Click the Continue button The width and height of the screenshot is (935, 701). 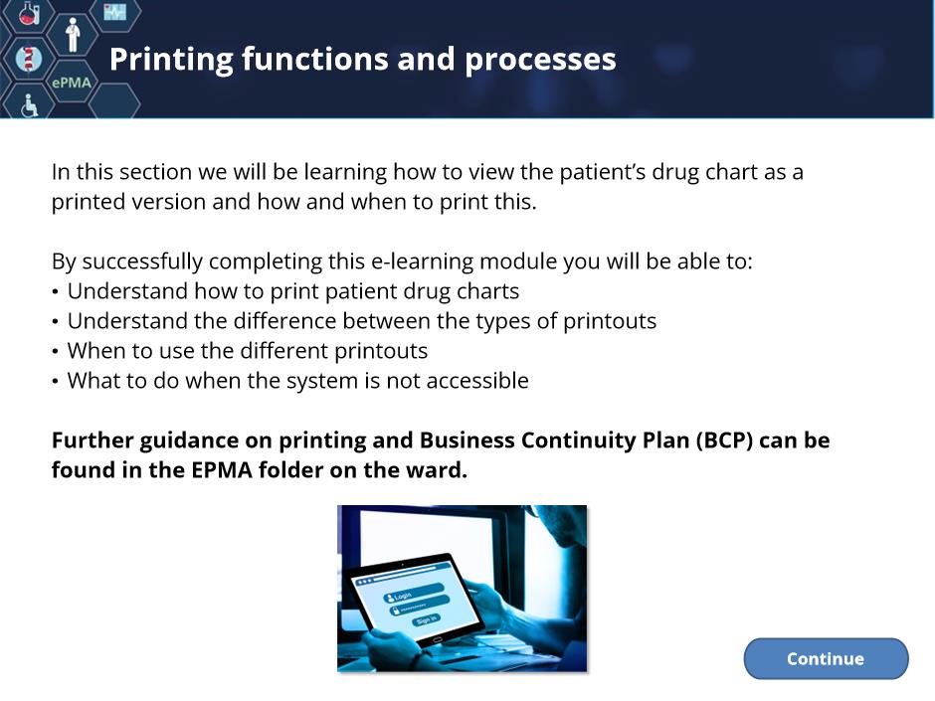coord(826,658)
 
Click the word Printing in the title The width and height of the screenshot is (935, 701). coord(170,61)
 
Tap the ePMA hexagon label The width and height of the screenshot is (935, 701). coord(72,83)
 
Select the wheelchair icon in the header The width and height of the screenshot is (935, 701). coord(29,105)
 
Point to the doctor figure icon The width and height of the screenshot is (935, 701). coord(73,35)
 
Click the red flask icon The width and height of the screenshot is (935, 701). coord(28,13)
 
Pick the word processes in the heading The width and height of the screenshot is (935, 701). coord(540,61)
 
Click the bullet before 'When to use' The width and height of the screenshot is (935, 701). coord(55,351)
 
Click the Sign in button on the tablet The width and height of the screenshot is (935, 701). coord(426,620)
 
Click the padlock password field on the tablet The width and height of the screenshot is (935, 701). coord(419,606)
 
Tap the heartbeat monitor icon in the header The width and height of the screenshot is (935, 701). coord(114,11)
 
